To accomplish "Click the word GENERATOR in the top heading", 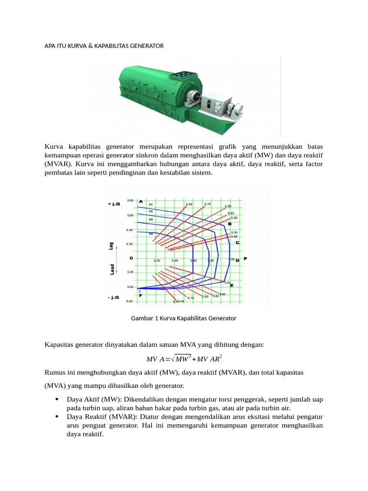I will tap(146, 46).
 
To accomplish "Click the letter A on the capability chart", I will tap(141, 201).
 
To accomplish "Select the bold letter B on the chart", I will tap(230, 223).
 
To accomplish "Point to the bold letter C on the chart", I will tap(237, 243).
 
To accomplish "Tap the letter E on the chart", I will tap(232, 286).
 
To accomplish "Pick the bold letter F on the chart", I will tap(140, 295).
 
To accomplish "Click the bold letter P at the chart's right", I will tap(245, 259).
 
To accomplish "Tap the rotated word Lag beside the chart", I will tap(112, 246).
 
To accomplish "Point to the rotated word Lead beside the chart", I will tap(112, 269).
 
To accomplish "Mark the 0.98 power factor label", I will tap(234, 236).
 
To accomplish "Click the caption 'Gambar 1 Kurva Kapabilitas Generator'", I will tap(184, 318).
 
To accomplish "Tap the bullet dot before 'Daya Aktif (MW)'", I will tap(57, 399).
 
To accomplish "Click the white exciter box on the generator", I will tap(210, 105).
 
